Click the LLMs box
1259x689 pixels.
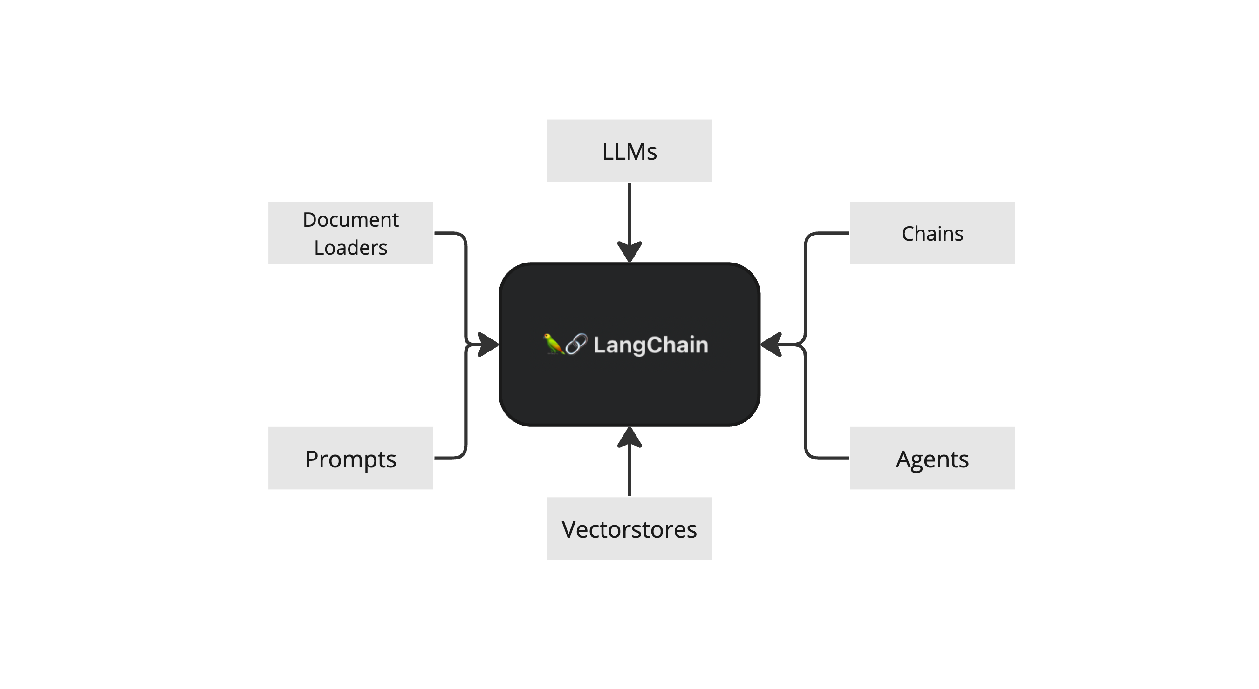[629, 151]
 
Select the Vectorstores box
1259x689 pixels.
[629, 528]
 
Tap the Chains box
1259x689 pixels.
[932, 233]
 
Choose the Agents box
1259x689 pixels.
[932, 458]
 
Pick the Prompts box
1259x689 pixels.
[350, 458]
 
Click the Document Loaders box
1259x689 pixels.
[350, 233]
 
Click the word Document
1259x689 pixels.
[350, 220]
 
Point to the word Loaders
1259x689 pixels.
[350, 248]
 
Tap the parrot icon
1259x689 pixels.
[553, 344]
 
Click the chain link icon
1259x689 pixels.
[576, 344]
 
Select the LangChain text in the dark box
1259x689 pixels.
[650, 345]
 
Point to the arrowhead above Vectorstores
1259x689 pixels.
[629, 437]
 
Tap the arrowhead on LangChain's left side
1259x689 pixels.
[487, 345]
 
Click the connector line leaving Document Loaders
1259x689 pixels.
[466, 288]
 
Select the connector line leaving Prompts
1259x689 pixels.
[466, 401]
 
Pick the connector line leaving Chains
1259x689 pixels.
[806, 288]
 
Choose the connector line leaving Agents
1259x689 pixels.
[806, 401]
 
